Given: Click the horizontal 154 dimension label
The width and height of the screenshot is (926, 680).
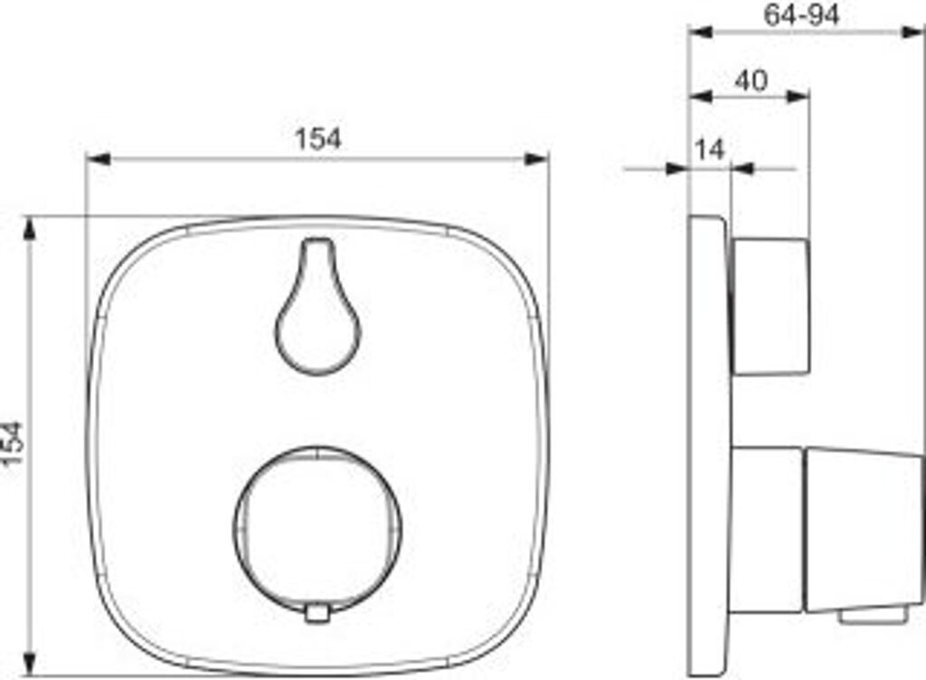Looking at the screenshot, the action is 317,138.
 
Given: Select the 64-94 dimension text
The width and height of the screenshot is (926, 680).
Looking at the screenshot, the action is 801,14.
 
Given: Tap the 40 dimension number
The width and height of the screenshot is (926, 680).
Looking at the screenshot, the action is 751,80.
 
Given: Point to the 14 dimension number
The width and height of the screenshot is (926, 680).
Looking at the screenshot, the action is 709,150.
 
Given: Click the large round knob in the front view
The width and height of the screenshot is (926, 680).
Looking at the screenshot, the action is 317,529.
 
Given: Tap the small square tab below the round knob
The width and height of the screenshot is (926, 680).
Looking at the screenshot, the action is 317,613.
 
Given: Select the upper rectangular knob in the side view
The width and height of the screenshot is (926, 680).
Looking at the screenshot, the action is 770,307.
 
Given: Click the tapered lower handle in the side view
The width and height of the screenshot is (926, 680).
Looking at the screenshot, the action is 863,530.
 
